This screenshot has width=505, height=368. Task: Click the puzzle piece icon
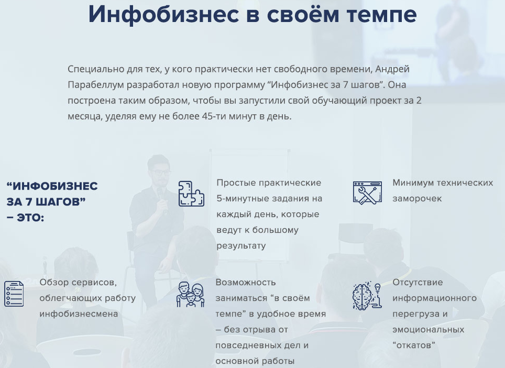coord(191,193)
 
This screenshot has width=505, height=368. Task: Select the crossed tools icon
coord(367,192)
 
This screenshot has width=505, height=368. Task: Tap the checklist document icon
coord(14,294)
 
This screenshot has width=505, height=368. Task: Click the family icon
coord(190,296)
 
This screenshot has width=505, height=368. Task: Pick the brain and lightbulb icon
coord(367,296)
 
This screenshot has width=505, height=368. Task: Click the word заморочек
coord(417,199)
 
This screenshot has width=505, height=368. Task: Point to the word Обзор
coord(54,283)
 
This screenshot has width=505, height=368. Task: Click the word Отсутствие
coord(418,283)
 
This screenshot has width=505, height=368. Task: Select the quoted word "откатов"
coord(414,345)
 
